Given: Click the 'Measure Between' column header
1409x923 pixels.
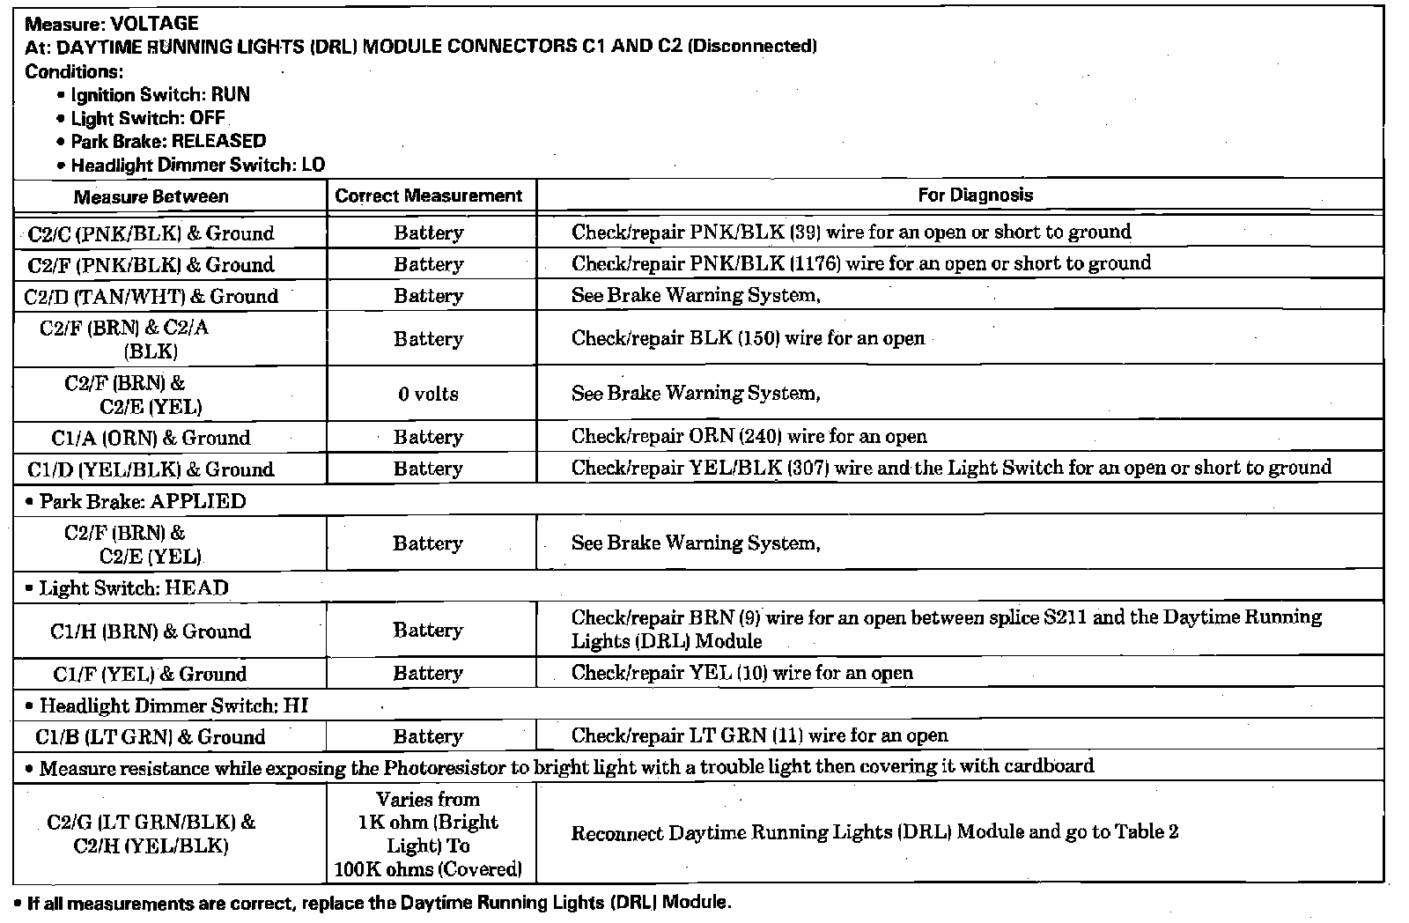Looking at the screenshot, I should coord(151,196).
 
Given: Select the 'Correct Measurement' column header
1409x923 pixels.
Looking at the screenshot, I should coord(429,196).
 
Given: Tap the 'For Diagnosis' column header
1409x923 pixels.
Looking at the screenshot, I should coord(975,195).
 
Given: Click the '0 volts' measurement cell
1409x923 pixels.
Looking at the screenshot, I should coord(428,394).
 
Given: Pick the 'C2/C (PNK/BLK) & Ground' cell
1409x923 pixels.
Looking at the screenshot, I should coord(151,233).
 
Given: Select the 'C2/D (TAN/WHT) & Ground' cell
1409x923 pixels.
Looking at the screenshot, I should coord(151,296).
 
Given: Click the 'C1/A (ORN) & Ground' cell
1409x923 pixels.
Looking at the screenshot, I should coord(151,438).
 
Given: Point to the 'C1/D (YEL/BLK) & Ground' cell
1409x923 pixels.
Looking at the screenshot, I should coord(151,469).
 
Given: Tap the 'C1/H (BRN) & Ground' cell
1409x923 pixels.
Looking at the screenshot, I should coord(151,631).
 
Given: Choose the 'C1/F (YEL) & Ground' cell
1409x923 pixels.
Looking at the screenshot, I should coord(151,674).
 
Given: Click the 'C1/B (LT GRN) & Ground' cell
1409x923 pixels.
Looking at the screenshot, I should coord(151,736).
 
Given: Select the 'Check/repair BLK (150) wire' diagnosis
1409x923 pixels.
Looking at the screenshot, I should coord(748,338).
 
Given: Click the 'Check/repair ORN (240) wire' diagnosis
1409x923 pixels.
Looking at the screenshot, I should coord(749,436).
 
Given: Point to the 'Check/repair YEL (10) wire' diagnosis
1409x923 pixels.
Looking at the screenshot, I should coord(741,673).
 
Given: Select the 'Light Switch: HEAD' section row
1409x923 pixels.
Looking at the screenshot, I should coord(133,587).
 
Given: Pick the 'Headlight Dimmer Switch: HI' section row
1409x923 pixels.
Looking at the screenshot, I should coord(173,705).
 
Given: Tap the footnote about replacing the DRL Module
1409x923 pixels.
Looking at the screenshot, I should coord(379,903).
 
